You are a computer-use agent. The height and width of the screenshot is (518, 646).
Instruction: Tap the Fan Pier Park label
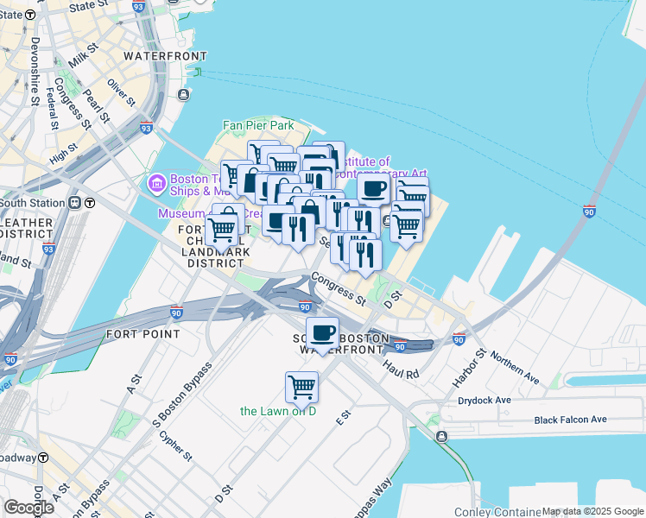[258, 126]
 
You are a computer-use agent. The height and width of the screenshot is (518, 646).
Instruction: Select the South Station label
[33, 203]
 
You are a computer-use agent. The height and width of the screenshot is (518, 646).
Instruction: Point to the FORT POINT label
[142, 333]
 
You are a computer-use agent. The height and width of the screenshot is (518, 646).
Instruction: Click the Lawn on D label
[279, 411]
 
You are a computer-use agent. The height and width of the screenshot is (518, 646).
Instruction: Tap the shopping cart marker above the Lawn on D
[302, 387]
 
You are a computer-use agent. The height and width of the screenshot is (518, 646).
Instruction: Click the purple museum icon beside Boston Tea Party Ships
[157, 182]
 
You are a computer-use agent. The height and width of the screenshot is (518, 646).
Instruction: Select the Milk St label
[86, 60]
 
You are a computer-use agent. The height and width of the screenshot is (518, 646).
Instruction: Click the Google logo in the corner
[28, 508]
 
